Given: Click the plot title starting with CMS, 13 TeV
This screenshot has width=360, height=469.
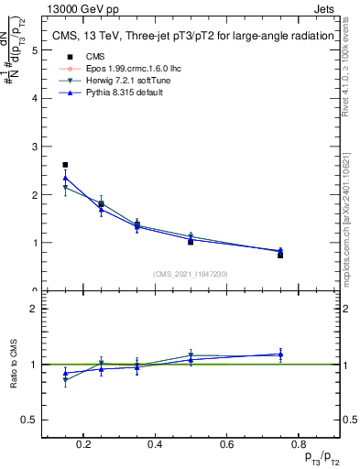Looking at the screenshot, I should (189, 37).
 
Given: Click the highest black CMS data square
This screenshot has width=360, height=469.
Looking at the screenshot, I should (65, 165).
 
